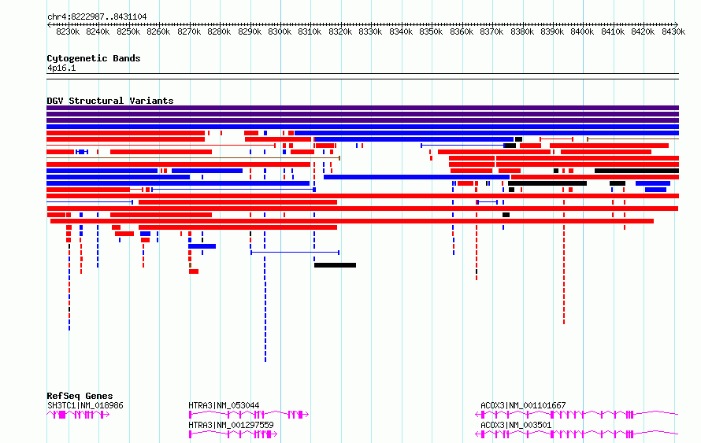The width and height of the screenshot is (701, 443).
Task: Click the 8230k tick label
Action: tap(68, 31)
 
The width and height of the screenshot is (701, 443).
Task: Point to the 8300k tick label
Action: tap(280, 31)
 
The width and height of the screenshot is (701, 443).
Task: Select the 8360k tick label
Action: tap(462, 31)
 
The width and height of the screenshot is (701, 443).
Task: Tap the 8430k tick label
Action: tap(673, 31)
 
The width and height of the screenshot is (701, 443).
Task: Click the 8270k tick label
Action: tap(189, 31)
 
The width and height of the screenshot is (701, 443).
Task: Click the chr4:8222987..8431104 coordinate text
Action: tap(97, 17)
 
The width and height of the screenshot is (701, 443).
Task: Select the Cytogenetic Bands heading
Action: tap(94, 58)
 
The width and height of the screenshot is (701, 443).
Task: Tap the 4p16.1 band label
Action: tap(61, 68)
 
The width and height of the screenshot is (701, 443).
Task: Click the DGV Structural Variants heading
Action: tap(110, 101)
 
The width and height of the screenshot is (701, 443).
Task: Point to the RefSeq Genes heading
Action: tap(80, 396)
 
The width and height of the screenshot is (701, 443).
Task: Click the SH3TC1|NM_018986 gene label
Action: tap(85, 405)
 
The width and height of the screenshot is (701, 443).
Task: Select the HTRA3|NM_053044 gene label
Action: tap(224, 405)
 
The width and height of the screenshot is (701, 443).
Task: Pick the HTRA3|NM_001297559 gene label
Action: tap(231, 425)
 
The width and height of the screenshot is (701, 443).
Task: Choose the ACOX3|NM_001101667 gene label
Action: tap(523, 405)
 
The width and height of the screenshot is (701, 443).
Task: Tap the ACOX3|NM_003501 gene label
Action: tap(516, 425)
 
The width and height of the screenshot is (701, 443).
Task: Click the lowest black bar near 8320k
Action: tap(336, 265)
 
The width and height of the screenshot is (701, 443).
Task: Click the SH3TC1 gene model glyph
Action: tap(78, 415)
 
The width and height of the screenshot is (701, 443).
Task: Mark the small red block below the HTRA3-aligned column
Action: tap(194, 271)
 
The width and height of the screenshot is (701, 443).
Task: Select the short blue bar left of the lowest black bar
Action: tap(202, 246)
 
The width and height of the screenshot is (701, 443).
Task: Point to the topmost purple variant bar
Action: tap(362, 108)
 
